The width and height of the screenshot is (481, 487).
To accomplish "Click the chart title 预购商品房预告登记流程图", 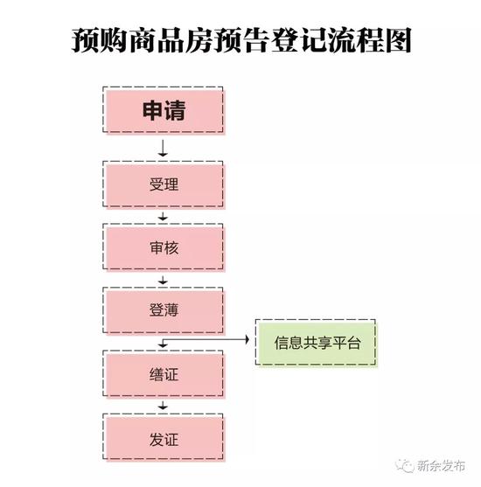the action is click(241, 40).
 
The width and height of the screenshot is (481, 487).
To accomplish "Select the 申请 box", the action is click(164, 110).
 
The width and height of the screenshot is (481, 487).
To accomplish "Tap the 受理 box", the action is click(164, 184).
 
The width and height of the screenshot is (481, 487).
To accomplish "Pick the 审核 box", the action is click(164, 247).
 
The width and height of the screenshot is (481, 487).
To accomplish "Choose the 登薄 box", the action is click(164, 310).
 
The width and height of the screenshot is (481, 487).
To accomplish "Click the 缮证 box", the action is click(164, 374).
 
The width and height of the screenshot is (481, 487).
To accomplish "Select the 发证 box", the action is click(164, 438).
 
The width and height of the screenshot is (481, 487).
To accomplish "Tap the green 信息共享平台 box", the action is click(316, 343).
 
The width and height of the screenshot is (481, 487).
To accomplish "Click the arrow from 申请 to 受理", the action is click(163, 148).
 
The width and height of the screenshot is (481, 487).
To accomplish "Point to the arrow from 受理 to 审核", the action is click(163, 217).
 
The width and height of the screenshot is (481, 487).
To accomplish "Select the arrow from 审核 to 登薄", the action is click(163, 280).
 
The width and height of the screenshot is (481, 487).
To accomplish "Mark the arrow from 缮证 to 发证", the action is click(163, 406).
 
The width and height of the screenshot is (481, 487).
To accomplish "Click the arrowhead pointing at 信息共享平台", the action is click(247, 339).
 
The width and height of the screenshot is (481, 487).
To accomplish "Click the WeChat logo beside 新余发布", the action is click(404, 466).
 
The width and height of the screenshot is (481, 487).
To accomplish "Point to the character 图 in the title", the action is click(398, 40).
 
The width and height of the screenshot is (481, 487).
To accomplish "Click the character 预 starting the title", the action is click(85, 40).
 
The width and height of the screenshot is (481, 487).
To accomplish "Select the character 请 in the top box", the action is click(175, 110).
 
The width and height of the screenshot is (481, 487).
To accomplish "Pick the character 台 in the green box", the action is click(354, 343).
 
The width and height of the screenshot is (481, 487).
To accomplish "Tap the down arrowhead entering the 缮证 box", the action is click(163, 345).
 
